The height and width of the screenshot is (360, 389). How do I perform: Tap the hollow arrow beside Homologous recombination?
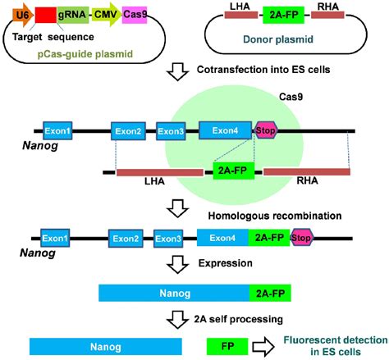[178, 206]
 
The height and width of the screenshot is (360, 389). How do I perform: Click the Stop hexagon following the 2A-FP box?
[303, 239]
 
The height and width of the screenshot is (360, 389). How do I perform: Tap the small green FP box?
[223, 347]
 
